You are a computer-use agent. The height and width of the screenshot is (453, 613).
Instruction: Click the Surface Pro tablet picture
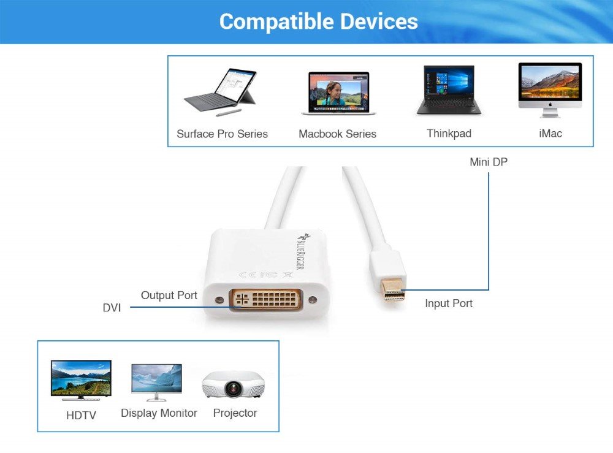click(x=219, y=92)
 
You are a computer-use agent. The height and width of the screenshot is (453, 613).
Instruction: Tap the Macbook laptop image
click(x=338, y=93)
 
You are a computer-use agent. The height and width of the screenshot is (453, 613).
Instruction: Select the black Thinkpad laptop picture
click(x=449, y=90)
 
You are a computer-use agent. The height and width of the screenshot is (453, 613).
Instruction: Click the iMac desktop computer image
click(x=550, y=90)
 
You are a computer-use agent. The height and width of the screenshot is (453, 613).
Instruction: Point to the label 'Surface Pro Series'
click(x=222, y=134)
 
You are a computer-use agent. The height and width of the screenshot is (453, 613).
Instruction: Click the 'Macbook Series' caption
click(x=337, y=134)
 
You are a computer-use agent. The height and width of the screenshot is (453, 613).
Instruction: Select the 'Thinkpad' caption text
click(x=449, y=133)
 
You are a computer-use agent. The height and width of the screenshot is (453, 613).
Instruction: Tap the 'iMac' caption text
click(x=550, y=133)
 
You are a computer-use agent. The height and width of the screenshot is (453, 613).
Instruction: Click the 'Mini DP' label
click(x=489, y=162)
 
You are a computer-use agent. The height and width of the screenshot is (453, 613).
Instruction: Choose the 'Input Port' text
click(x=449, y=303)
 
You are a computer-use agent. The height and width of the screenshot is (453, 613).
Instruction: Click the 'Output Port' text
click(x=169, y=295)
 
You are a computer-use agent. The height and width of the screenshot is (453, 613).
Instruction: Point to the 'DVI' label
click(x=112, y=308)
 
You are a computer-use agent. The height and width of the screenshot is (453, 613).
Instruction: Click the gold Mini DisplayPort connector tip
click(x=393, y=290)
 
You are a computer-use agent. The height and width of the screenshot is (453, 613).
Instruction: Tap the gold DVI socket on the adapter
click(x=266, y=299)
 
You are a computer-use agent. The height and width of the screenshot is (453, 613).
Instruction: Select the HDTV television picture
click(x=82, y=380)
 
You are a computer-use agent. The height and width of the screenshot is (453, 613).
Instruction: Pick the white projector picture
click(x=233, y=384)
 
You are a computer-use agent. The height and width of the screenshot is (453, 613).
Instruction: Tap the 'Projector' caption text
click(x=235, y=413)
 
